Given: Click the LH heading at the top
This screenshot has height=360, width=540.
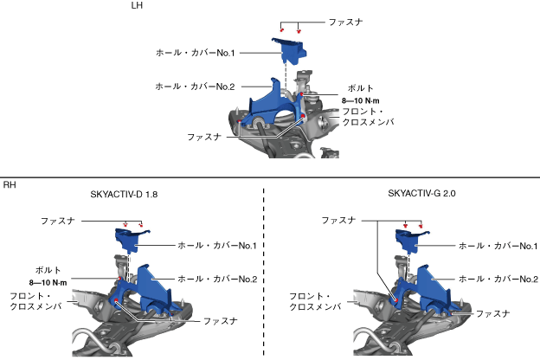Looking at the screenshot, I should click(137, 7).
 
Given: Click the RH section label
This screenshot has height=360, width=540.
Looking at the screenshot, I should click(10, 185).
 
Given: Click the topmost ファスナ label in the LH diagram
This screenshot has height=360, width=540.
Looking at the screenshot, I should click(346, 20).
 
